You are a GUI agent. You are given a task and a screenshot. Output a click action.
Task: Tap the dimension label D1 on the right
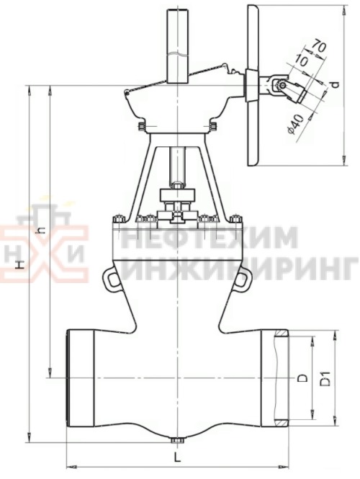[325, 377]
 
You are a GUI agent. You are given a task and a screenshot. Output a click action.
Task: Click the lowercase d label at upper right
[335, 84]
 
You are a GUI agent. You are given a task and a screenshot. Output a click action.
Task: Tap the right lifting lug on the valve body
[244, 277]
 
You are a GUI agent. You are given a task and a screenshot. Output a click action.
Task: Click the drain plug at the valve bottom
[177, 440]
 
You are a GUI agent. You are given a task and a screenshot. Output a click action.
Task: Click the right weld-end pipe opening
[280, 376]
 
